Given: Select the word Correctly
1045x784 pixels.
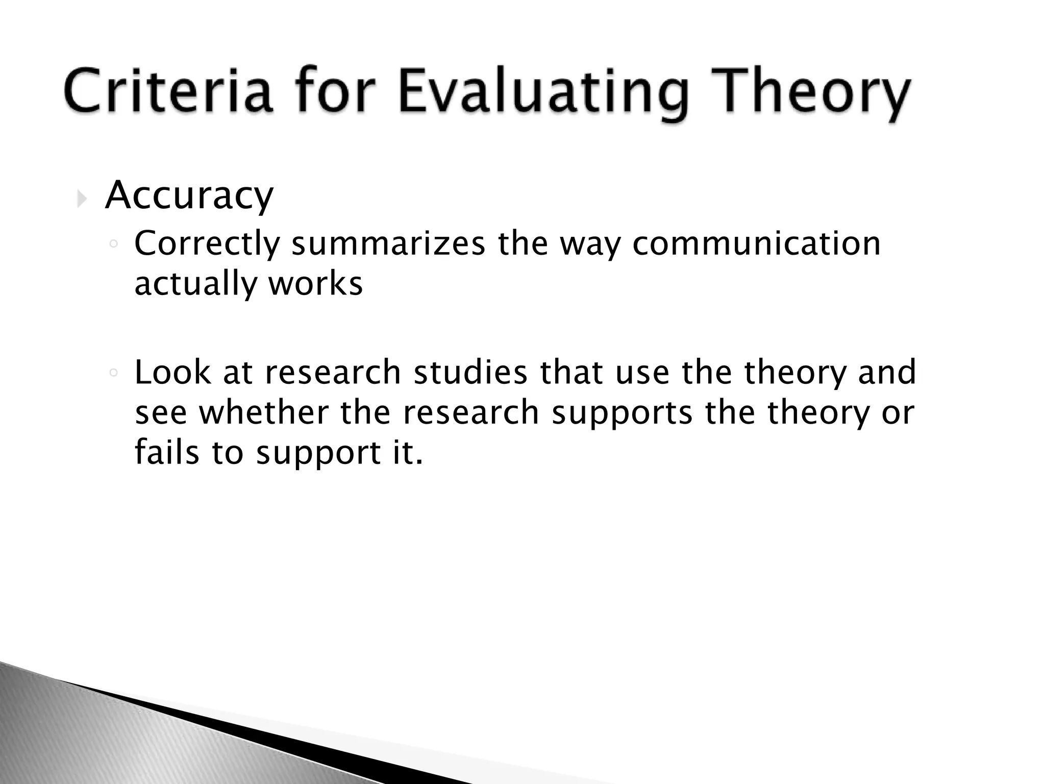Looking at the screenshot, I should [x=207, y=244].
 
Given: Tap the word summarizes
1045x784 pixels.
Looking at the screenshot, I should [x=388, y=244].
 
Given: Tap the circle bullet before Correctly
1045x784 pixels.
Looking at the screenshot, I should [x=114, y=245].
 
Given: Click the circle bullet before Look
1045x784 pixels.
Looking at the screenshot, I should [x=114, y=373].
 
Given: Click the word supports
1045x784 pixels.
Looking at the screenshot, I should [x=621, y=413].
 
